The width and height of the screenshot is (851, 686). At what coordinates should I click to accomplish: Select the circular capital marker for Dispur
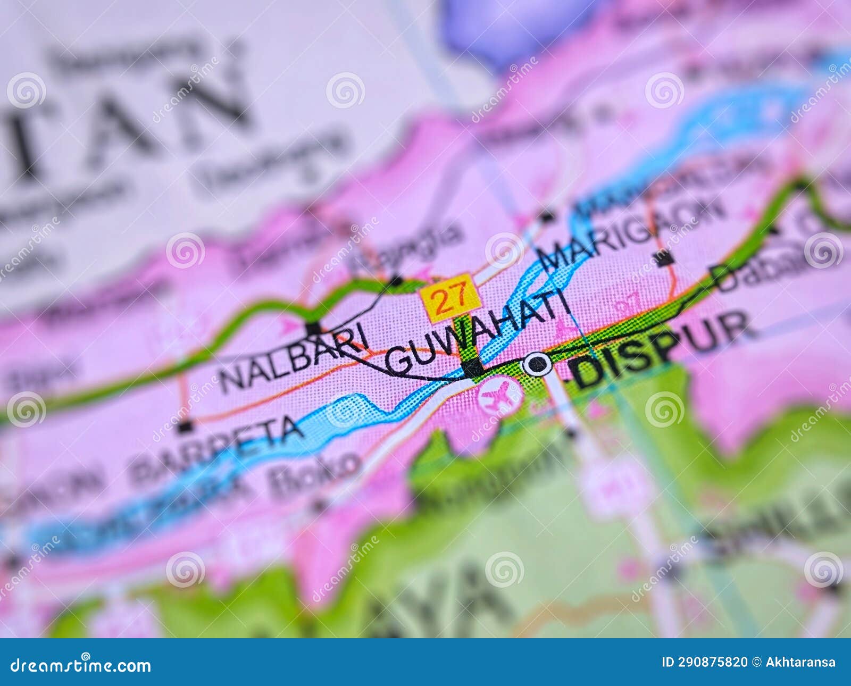(537, 364)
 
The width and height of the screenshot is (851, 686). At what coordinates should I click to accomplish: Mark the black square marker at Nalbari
(313, 329)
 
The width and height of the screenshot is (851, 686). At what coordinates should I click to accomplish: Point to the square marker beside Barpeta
(185, 426)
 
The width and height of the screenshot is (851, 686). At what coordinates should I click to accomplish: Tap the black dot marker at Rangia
(396, 280)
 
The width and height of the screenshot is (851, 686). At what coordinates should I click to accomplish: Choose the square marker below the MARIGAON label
(663, 259)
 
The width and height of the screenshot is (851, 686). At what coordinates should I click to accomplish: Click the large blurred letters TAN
(122, 122)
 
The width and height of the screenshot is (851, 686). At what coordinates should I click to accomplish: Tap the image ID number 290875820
(705, 663)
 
